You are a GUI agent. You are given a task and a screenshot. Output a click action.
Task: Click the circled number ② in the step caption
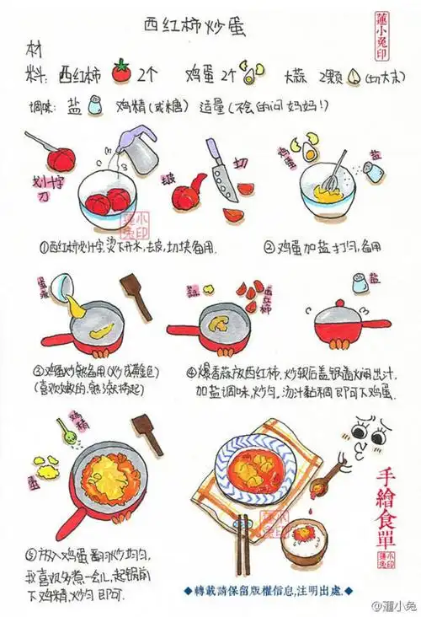pos(269,248)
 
